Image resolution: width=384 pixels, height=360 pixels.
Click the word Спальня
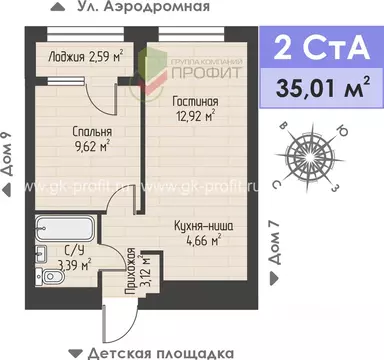coord(90,131)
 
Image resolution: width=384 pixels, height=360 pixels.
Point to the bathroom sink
coord(40,250)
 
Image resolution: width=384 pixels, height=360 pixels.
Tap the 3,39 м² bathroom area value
coord(76,265)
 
